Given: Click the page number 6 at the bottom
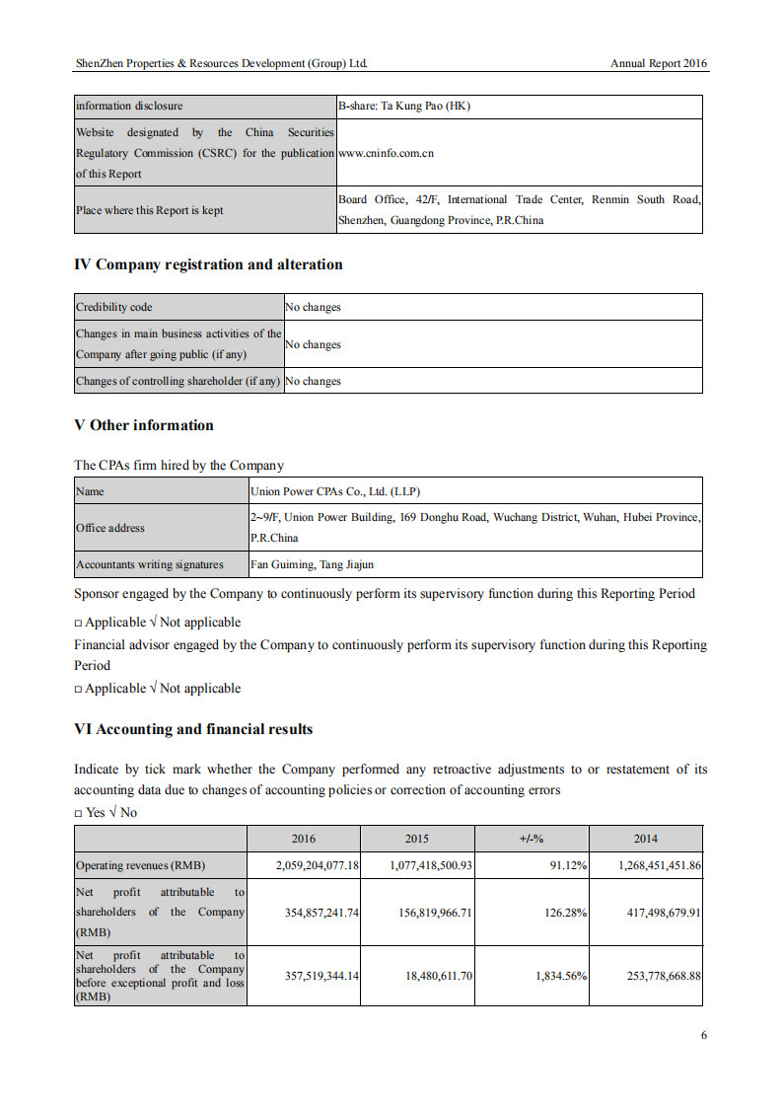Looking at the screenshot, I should [704, 1035].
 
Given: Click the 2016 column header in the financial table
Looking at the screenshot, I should [304, 839].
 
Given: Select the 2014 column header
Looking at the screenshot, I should [646, 839].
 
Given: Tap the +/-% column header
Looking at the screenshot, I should [532, 839].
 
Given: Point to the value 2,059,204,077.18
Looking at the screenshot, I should [317, 865].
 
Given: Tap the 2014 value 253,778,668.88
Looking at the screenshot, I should [664, 975].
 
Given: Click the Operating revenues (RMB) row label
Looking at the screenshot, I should [140, 865].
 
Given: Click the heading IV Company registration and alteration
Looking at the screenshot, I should [208, 264].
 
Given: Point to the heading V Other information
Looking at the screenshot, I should [143, 425].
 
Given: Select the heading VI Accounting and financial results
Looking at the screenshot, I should [193, 729].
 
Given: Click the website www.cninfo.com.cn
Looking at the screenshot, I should [386, 153].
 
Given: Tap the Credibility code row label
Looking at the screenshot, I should [114, 307].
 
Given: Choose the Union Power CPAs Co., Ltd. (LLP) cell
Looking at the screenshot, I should [336, 490].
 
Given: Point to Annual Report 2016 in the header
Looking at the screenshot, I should [659, 63].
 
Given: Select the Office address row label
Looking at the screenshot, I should [110, 528].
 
